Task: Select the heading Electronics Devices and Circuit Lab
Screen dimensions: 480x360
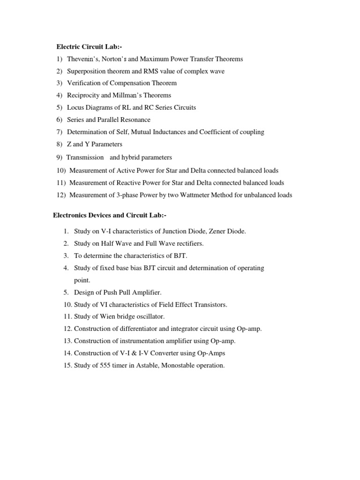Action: pos(109,215)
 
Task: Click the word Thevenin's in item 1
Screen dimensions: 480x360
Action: pos(82,59)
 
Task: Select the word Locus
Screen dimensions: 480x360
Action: pos(75,107)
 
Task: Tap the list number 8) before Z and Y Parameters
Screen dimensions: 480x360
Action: pos(59,144)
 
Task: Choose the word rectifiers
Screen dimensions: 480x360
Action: pos(190,243)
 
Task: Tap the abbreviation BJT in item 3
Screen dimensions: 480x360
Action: pos(180,255)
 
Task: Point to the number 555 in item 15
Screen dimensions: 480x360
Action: pos(100,365)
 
